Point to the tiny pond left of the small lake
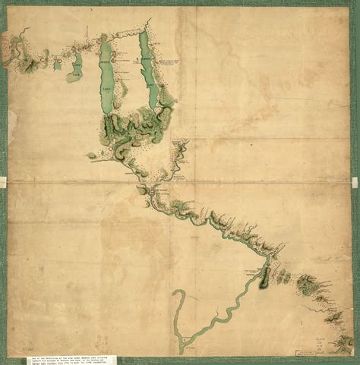click(57, 65)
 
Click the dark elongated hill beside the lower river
click(265, 277)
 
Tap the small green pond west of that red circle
click(92, 156)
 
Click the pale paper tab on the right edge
click(355, 181)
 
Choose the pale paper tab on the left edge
click(3, 181)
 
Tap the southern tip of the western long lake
click(107, 112)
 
